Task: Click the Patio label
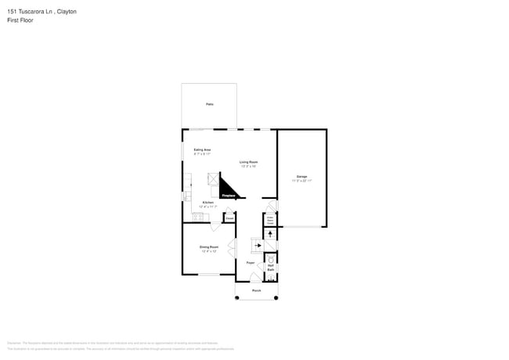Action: [x=209, y=104]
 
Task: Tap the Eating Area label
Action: [x=202, y=149]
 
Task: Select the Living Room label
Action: [x=249, y=162]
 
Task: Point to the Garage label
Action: [x=301, y=176]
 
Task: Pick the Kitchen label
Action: [x=208, y=203]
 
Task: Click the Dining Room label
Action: [x=208, y=247]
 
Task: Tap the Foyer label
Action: [x=251, y=262]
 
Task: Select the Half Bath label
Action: [x=270, y=268]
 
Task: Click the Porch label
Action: [x=256, y=290]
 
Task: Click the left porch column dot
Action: [x=236, y=298]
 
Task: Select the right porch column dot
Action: [x=276, y=298]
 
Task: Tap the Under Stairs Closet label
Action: [x=270, y=221]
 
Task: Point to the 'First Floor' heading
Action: [x=20, y=20]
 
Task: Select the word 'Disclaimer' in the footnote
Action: [x=14, y=343]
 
